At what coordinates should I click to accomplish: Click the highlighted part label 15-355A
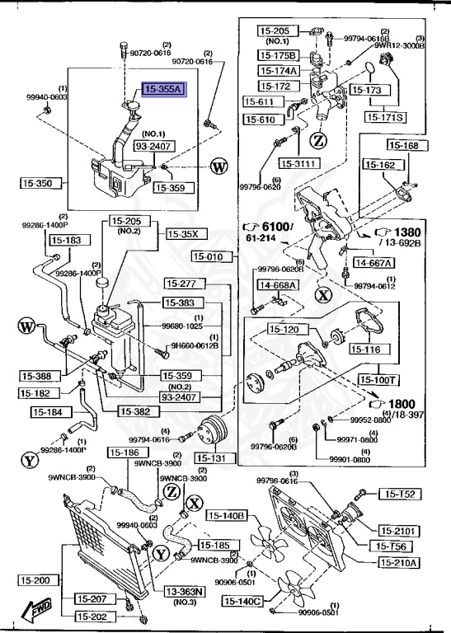[165, 90]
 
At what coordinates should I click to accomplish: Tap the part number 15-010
[209, 257]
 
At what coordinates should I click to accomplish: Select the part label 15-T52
[400, 494]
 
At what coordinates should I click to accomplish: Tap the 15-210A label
[399, 563]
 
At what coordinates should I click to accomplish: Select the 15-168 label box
[405, 146]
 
